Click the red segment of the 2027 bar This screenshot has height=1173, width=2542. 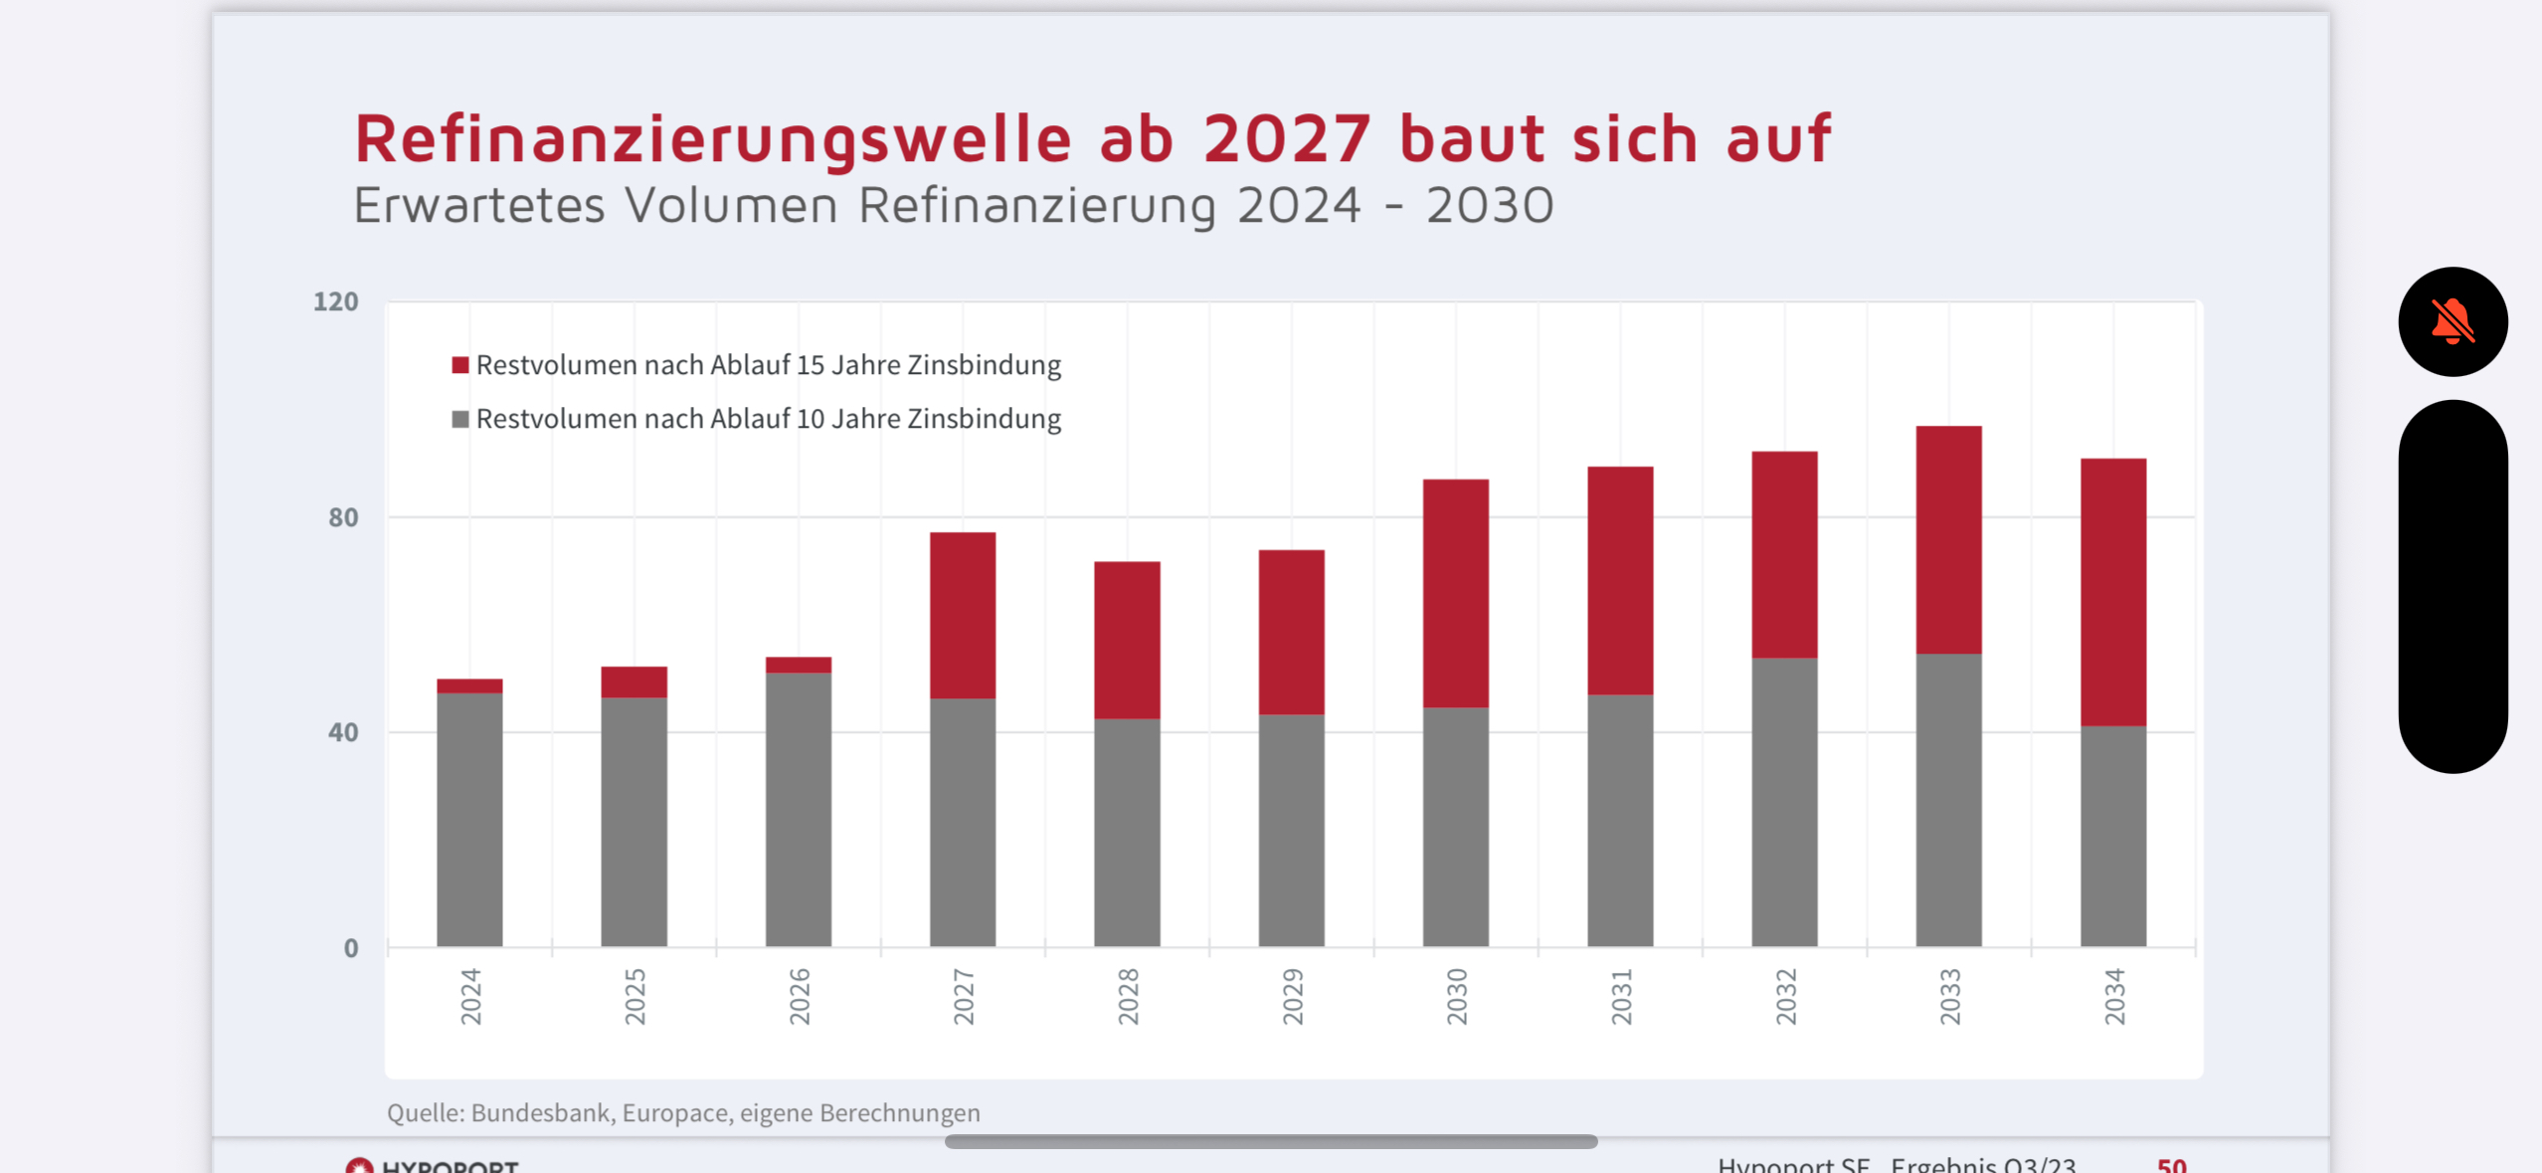tap(962, 615)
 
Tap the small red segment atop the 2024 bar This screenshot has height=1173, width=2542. tap(469, 685)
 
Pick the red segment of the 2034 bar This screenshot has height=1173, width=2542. tap(2112, 592)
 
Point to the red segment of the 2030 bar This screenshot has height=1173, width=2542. tap(1455, 593)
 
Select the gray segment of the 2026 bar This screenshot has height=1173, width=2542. tap(798, 808)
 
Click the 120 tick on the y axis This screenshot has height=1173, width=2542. tap(335, 301)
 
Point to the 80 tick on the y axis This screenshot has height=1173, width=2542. tap(342, 517)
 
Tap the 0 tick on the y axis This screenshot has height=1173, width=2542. tap(350, 948)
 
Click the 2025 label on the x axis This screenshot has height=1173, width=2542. tap(635, 996)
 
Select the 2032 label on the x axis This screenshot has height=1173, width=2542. tap(1785, 996)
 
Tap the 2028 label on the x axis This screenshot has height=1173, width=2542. tap(1128, 996)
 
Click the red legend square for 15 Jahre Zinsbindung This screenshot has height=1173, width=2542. tap(459, 365)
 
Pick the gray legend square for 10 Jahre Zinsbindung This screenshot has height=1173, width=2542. tap(459, 419)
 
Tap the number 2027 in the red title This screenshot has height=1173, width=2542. tap(1287, 138)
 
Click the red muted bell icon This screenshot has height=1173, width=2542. tap(2451, 321)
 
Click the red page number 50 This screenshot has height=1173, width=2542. tap(2171, 1164)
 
